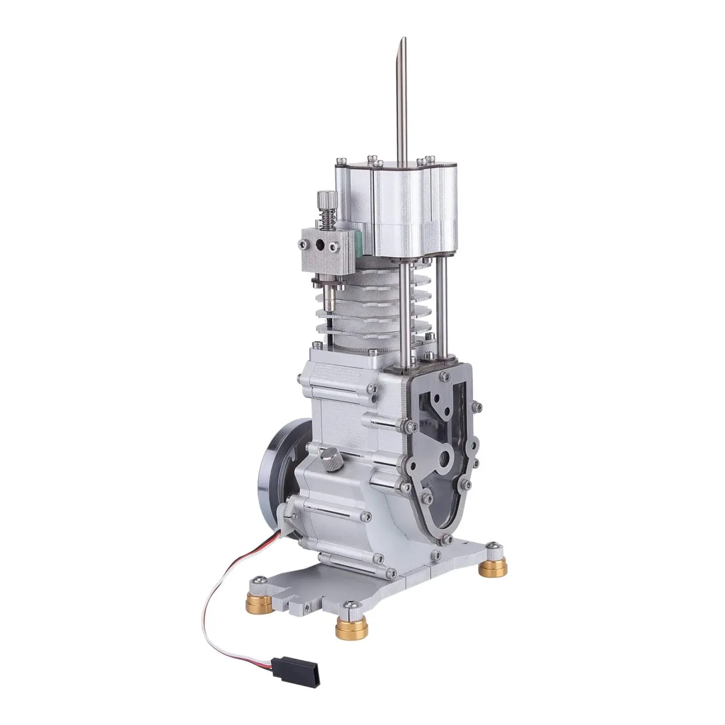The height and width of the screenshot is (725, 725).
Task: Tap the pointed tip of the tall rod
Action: (x=400, y=42)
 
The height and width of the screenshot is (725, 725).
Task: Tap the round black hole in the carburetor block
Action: (x=319, y=245)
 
